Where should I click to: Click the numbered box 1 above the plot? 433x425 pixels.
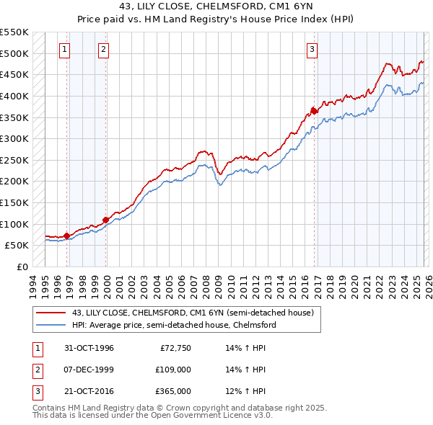pyautogui.click(x=65, y=50)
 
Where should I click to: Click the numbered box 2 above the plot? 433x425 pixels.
pyautogui.click(x=104, y=50)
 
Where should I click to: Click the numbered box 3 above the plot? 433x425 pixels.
pyautogui.click(x=312, y=50)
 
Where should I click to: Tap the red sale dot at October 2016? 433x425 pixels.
pyautogui.click(x=315, y=110)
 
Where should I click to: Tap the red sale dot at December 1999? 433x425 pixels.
pyautogui.click(x=106, y=220)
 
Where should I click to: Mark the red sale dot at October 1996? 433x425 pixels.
pyautogui.click(x=67, y=236)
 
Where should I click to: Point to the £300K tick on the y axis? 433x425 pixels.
pyautogui.click(x=14, y=138)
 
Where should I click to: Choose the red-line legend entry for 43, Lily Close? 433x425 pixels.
pyautogui.click(x=193, y=313)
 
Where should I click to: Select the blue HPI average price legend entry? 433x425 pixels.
pyautogui.click(x=173, y=325)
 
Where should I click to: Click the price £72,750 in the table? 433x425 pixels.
pyautogui.click(x=174, y=348)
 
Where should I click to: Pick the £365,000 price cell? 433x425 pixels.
pyautogui.click(x=172, y=391)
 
